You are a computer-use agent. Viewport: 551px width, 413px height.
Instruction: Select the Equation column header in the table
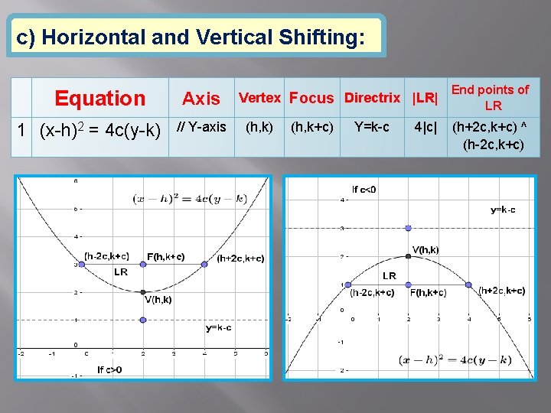(x=99, y=98)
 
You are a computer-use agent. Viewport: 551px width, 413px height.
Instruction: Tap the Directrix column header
(x=372, y=98)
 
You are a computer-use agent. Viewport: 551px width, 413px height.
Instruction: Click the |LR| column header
(x=425, y=98)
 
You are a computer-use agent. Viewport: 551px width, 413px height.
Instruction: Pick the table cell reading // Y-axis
(x=201, y=127)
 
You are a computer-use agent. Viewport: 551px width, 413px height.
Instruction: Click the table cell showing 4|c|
(x=425, y=127)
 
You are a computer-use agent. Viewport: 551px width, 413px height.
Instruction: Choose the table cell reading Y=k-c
(x=372, y=127)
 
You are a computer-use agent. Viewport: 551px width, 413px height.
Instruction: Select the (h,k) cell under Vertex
(x=259, y=127)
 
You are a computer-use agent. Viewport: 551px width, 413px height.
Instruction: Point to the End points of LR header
(x=490, y=97)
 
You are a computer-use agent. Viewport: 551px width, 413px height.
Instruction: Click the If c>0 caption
(x=109, y=369)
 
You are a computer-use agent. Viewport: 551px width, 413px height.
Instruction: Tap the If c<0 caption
(x=364, y=189)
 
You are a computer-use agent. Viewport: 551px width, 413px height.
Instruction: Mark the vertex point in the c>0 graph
(x=143, y=291)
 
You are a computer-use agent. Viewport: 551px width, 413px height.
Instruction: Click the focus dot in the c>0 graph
(x=143, y=264)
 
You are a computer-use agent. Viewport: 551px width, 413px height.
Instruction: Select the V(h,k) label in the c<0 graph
(x=425, y=249)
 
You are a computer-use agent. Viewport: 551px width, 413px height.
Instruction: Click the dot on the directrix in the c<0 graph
(x=408, y=228)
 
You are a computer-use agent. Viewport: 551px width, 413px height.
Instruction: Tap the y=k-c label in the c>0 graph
(x=218, y=327)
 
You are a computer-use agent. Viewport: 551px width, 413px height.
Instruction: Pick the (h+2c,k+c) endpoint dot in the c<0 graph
(x=469, y=285)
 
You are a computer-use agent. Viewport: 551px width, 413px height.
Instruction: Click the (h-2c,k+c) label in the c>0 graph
(x=106, y=256)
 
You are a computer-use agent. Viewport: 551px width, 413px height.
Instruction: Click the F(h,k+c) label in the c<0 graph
(x=428, y=293)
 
